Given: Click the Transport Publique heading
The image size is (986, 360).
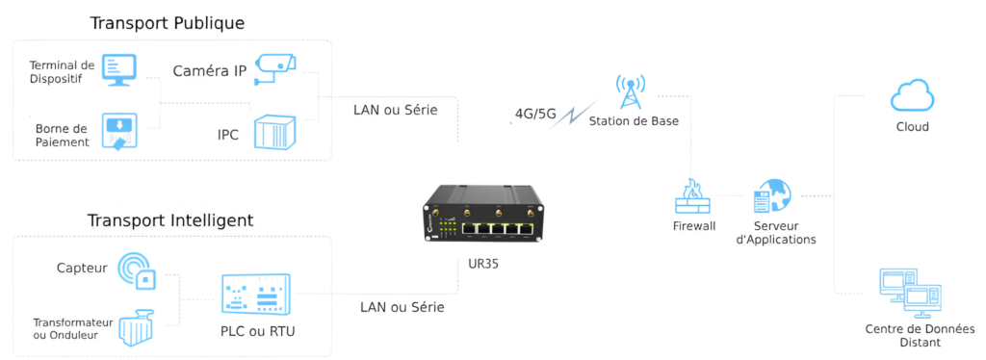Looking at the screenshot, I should (167, 23).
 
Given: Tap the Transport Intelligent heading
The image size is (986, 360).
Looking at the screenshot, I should (169, 220).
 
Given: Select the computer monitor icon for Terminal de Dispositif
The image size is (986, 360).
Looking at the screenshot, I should (119, 69).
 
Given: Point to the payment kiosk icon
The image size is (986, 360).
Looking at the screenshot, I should (119, 133).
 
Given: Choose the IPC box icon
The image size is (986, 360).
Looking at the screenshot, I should (272, 132).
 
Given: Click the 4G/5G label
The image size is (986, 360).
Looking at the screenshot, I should (535, 114).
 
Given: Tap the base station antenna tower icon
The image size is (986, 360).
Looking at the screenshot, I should (630, 92).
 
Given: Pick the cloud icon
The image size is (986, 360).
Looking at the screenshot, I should (910, 97).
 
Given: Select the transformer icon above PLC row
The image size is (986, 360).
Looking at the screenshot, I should (138, 327).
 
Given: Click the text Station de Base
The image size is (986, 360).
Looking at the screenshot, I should (633, 121).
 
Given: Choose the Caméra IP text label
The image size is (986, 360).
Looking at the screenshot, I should (209, 70).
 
